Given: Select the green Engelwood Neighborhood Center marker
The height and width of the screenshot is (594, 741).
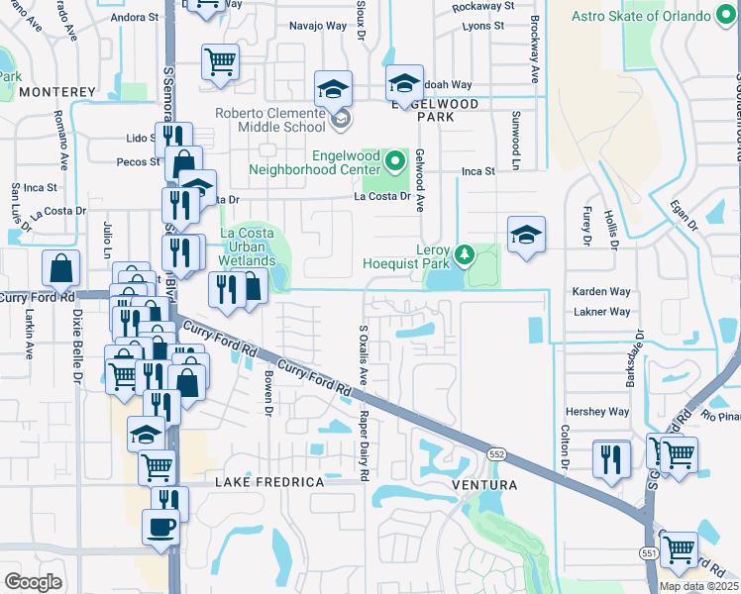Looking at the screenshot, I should click(x=395, y=159).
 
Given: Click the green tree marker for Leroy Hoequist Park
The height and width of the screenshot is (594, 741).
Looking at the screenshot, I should click(x=462, y=256).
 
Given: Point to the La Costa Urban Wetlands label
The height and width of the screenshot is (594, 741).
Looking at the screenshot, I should click(x=247, y=247).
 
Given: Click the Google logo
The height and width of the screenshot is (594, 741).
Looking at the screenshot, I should click(x=33, y=582).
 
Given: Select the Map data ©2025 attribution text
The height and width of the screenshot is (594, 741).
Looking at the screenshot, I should click(x=699, y=586).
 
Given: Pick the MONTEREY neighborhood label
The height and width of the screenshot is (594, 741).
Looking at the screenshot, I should click(x=55, y=92).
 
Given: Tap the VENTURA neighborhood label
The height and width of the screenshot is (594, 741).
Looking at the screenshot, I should click(x=485, y=485).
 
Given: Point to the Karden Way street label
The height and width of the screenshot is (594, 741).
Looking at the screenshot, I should click(x=600, y=292).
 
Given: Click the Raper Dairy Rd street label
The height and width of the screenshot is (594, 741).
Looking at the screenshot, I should click(x=364, y=445).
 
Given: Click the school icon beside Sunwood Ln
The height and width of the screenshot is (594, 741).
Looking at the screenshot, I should click(x=526, y=234).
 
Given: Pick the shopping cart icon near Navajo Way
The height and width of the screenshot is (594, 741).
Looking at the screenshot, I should click(x=220, y=62).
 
